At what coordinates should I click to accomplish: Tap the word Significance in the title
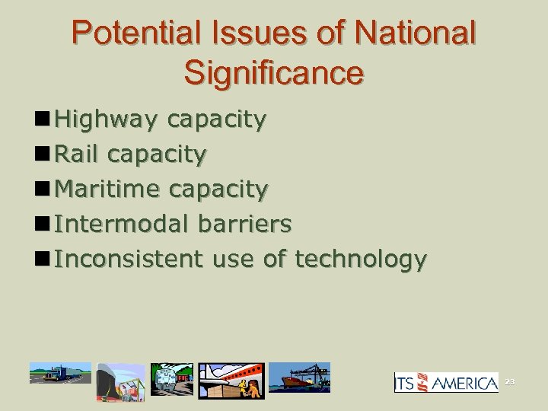click(274, 72)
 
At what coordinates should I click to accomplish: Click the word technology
click(359, 260)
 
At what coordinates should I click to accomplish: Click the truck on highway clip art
click(60, 373)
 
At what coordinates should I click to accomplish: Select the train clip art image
click(172, 379)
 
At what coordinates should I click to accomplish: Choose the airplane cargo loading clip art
click(231, 381)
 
